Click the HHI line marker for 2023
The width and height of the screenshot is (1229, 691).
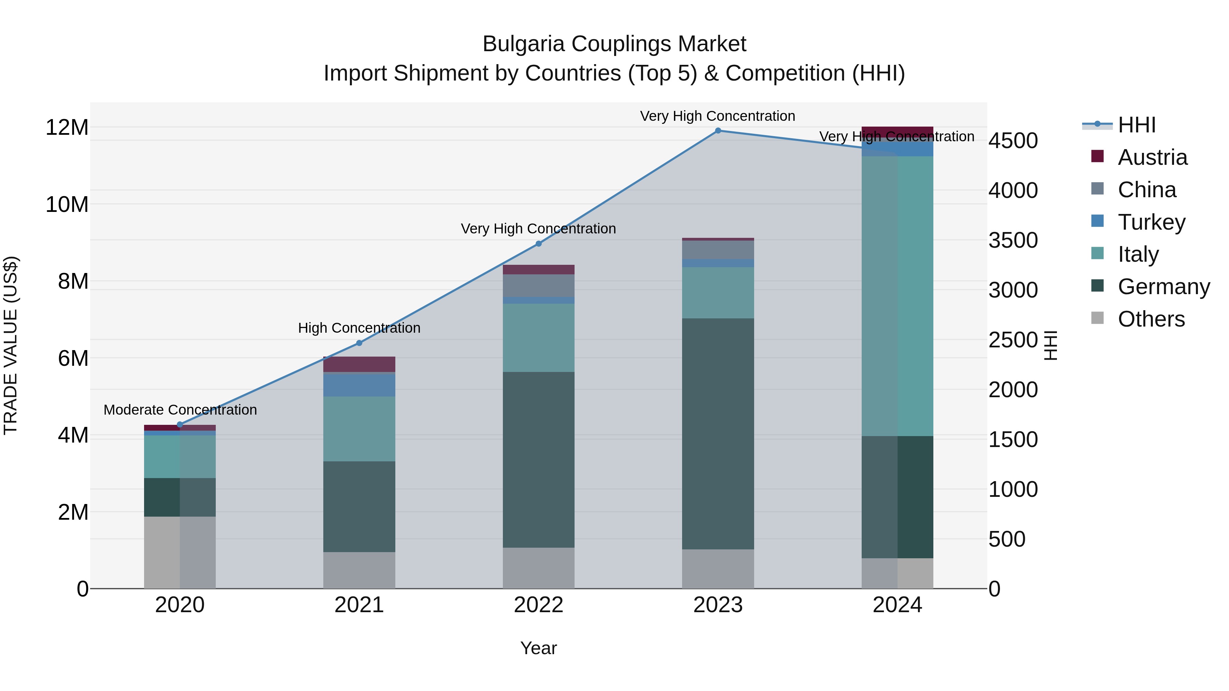[x=718, y=131]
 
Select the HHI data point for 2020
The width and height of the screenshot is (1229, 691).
[x=180, y=424]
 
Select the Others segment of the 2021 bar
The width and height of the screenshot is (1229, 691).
[x=359, y=570]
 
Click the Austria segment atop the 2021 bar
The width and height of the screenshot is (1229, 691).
[x=359, y=364]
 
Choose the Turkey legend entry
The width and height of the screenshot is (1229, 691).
[x=1151, y=222]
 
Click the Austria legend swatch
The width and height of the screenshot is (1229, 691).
[x=1097, y=156]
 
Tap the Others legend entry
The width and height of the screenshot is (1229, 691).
[x=1151, y=319]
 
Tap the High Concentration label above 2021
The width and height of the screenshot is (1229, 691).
[x=359, y=328]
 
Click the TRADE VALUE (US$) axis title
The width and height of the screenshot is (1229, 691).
[x=11, y=345]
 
